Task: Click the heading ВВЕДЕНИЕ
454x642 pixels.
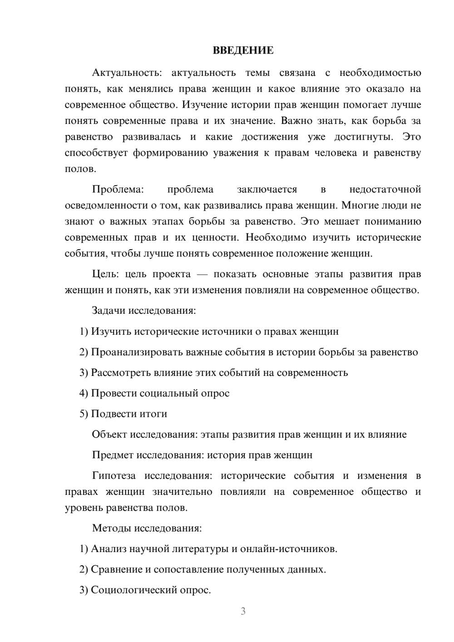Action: coord(243,50)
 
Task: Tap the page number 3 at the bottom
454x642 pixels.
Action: coord(243,611)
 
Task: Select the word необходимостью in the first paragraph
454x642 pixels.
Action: coord(380,73)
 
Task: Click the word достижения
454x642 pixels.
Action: coord(270,137)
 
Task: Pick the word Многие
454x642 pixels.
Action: coord(359,205)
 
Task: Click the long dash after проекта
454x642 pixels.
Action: coord(202,274)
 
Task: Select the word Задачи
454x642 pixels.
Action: coord(109,311)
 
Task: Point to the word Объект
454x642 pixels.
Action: coord(109,435)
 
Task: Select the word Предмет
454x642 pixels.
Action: coord(113,455)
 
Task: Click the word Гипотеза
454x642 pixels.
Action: coord(113,476)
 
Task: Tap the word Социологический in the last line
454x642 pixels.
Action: coord(135,590)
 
